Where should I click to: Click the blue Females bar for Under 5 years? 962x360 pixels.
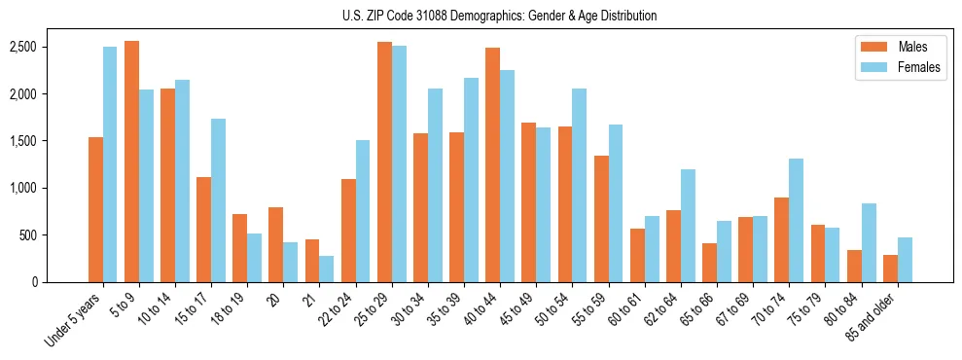[x=110, y=164]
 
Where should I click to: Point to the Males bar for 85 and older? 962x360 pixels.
[x=890, y=269]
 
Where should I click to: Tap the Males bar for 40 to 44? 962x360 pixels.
[x=493, y=164]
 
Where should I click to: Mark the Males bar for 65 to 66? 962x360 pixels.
[x=710, y=263]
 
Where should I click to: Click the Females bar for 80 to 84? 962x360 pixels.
[x=869, y=242]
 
